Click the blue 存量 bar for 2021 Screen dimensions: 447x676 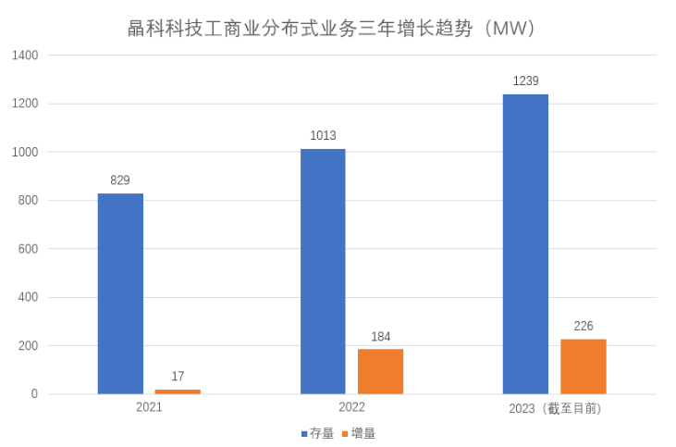point(120,293)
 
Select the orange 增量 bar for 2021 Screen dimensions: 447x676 point(178,391)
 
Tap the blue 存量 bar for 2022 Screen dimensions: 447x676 point(323,271)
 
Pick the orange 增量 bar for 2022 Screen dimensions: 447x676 point(380,371)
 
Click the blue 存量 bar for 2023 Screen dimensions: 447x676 point(525,244)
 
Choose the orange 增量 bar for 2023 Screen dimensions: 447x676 point(583,366)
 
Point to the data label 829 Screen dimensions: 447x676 point(120,180)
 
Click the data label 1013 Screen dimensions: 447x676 point(323,135)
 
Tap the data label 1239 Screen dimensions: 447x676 point(525,81)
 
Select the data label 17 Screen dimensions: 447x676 point(178,376)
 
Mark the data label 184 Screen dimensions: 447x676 point(380,336)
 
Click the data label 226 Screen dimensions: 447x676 point(583,326)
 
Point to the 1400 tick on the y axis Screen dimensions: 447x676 point(26,56)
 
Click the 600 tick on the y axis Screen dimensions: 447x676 point(29,249)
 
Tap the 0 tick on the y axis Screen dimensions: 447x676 point(34,394)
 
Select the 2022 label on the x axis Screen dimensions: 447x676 point(351,408)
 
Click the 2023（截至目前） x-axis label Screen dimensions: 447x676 point(556,408)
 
